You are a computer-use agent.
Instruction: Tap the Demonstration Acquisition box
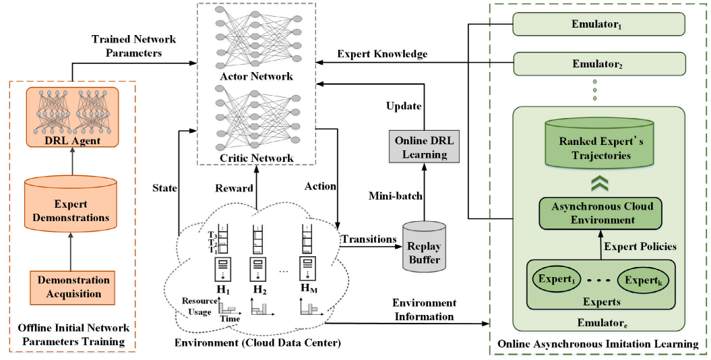click(x=70, y=286)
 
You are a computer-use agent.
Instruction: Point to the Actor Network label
click(x=257, y=76)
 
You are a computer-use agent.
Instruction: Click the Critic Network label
click(x=256, y=158)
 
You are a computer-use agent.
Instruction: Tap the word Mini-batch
click(x=395, y=196)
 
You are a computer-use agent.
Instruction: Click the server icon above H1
click(x=223, y=267)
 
